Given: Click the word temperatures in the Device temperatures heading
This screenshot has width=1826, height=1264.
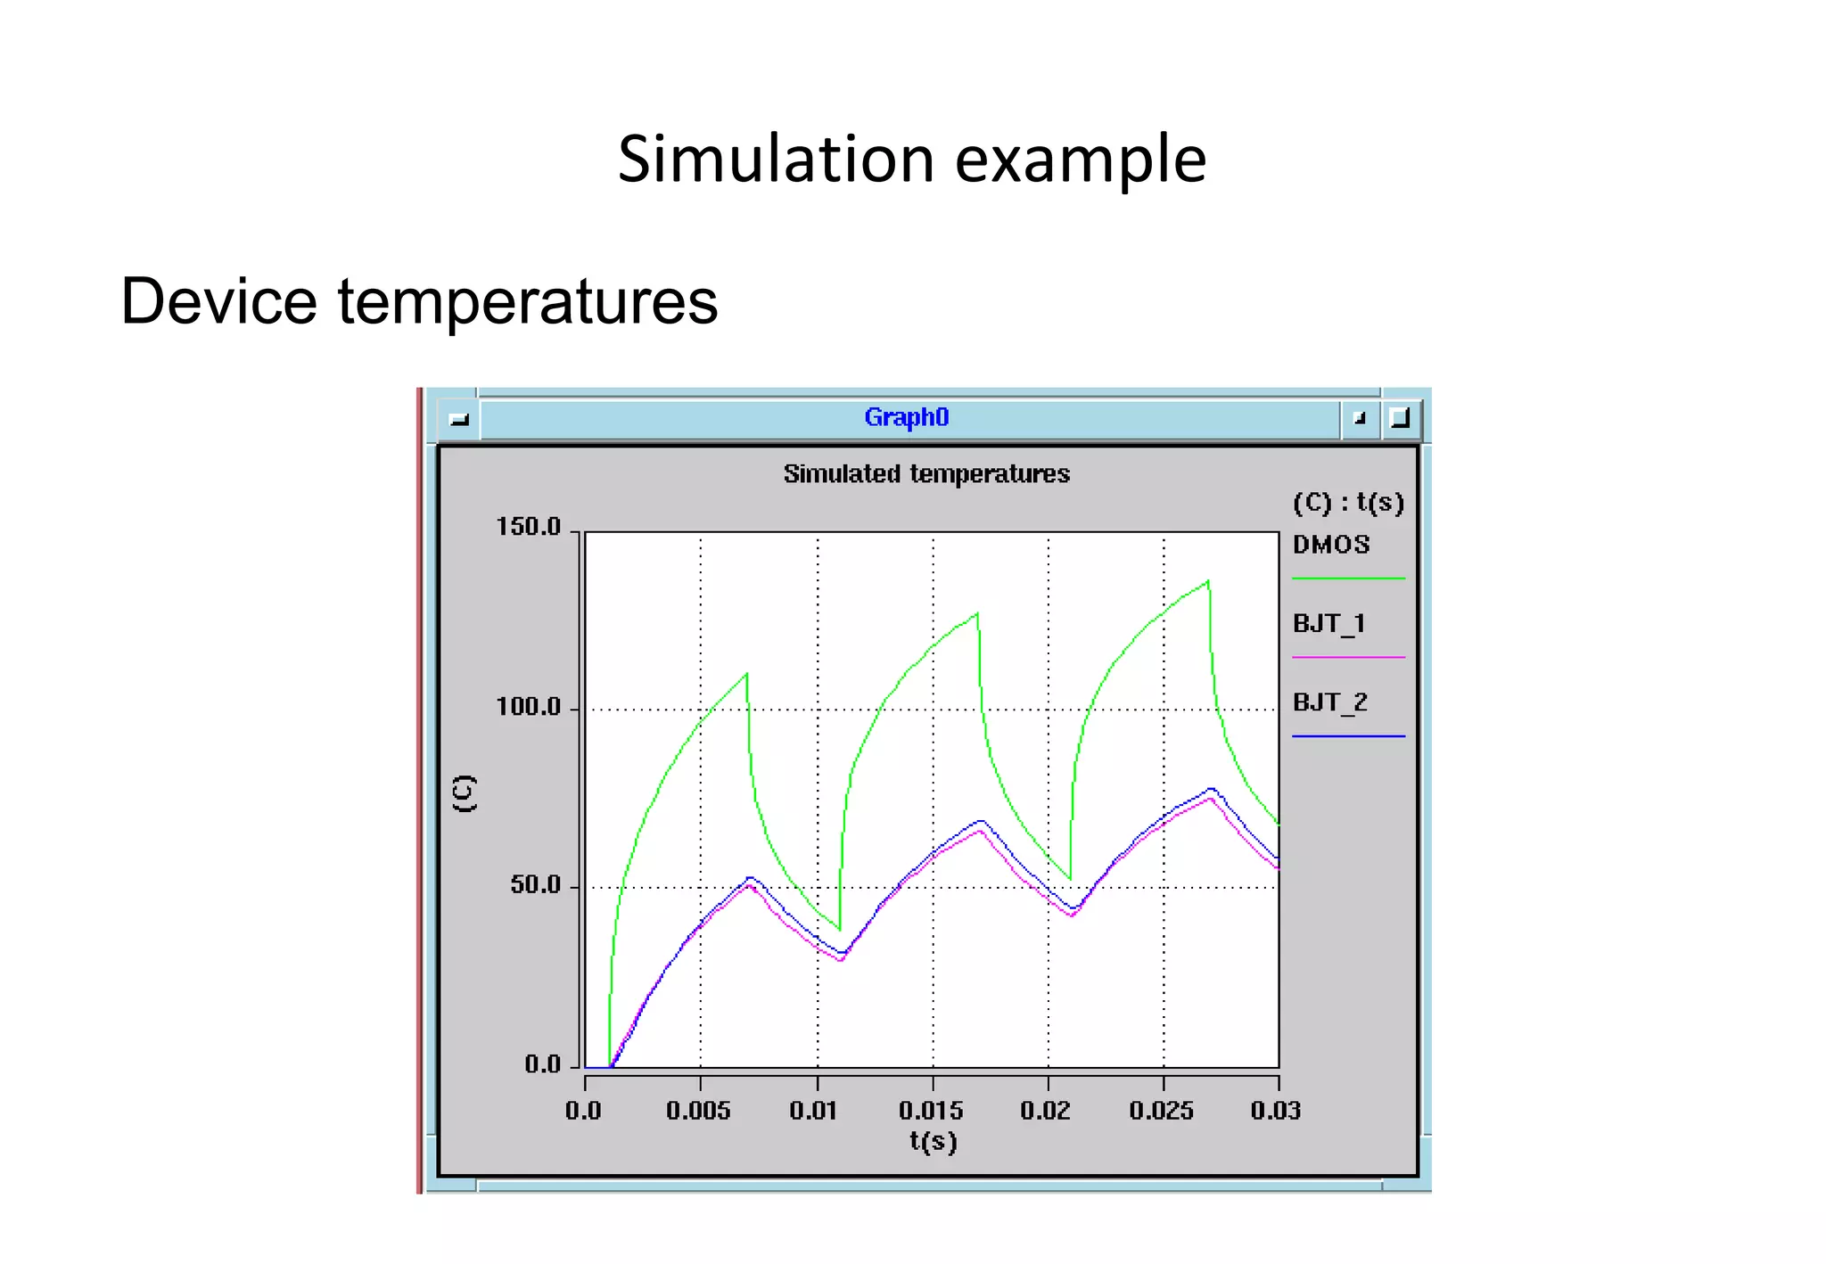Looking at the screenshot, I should click(527, 301).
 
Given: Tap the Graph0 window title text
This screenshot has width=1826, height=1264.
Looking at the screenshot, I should click(906, 417).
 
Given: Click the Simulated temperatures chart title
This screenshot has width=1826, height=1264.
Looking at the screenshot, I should click(926, 473).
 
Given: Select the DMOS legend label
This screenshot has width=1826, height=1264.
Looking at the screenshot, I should click(1331, 545).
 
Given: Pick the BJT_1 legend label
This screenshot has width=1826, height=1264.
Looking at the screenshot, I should click(1328, 623).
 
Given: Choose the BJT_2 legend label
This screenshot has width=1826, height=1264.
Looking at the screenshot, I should click(1329, 702).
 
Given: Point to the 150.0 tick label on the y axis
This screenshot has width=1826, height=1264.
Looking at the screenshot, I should click(528, 527).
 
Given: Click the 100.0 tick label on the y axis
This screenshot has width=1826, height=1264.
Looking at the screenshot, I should click(528, 707).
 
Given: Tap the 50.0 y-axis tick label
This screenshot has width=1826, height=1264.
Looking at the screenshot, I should click(535, 885).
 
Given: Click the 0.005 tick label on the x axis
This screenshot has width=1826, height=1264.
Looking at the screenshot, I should click(698, 1111).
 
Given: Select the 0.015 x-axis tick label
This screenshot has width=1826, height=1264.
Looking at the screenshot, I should click(931, 1111).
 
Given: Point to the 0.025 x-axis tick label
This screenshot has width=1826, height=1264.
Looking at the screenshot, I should click(1161, 1111).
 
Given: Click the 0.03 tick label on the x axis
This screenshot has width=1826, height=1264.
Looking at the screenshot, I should click(1275, 1111).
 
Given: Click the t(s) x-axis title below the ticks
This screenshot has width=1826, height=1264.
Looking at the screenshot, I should click(933, 1142).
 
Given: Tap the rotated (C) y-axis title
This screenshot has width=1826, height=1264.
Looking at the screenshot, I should click(465, 792).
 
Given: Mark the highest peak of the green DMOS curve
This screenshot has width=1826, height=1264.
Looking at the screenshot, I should click(1208, 582).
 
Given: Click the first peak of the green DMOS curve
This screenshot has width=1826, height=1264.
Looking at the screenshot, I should click(746, 674).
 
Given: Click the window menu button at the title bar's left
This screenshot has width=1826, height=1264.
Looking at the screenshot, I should click(459, 419).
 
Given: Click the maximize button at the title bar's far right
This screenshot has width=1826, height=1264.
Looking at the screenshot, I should click(1400, 418).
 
